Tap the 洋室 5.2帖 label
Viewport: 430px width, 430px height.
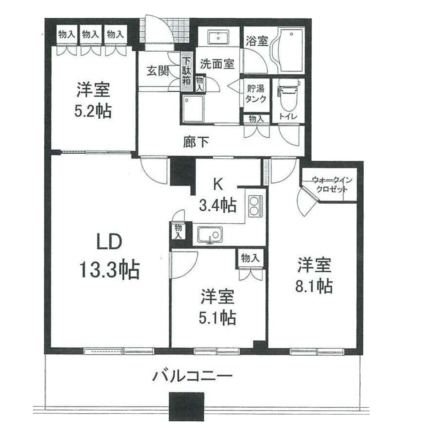(x=93, y=100)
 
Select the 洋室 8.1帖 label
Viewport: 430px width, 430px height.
(x=314, y=275)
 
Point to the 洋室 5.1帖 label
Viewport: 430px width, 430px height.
(x=218, y=307)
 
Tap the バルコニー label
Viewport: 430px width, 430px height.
(x=192, y=376)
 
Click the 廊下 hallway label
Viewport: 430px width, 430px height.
(x=196, y=142)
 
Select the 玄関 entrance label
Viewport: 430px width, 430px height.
(x=158, y=71)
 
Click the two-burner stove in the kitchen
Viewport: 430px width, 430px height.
(x=255, y=206)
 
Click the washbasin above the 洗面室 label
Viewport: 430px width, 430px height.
(x=218, y=37)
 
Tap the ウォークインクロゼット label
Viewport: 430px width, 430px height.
(x=332, y=185)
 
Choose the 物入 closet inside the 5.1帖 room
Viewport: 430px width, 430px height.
(x=250, y=258)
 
